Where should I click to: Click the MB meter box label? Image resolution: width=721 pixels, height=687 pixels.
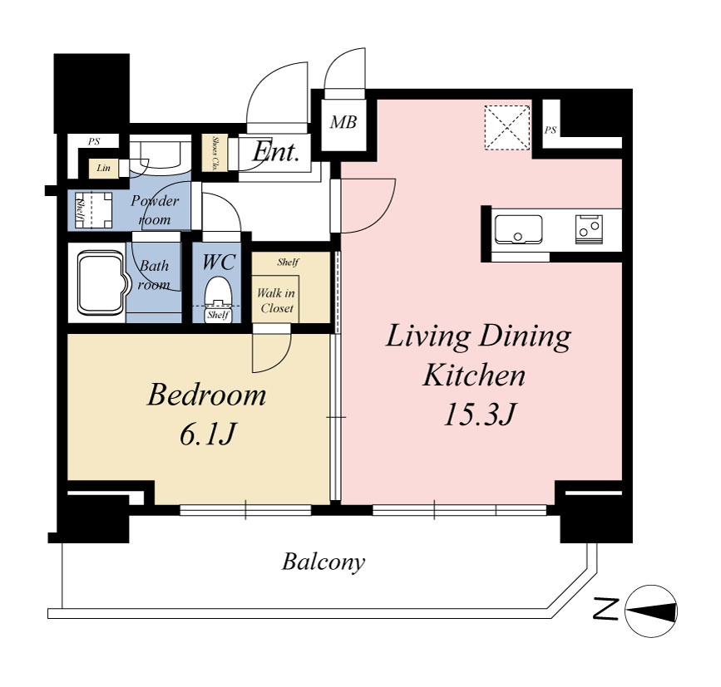(343, 122)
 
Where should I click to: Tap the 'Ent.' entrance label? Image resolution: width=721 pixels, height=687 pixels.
(276, 151)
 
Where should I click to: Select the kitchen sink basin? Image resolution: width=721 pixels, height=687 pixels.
(518, 229)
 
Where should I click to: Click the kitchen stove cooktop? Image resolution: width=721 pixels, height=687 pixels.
(589, 228)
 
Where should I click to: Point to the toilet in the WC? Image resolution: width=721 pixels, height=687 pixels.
(218, 298)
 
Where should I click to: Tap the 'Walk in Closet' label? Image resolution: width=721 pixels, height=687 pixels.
(276, 301)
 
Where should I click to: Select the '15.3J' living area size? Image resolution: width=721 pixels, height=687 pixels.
(479, 415)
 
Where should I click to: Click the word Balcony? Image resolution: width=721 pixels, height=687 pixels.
(323, 562)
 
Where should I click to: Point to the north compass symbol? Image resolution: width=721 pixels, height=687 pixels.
(651, 611)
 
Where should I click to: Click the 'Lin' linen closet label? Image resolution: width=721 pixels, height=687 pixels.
(103, 168)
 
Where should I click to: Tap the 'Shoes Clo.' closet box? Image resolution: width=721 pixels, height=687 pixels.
(215, 153)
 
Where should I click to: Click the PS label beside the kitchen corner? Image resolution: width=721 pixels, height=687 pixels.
(550, 130)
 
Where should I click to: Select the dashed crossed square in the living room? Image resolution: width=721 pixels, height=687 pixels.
(507, 127)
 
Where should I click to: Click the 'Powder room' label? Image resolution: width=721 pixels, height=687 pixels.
(155, 210)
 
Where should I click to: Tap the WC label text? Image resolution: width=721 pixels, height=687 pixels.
(219, 263)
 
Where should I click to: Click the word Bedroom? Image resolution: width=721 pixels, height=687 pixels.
(206, 395)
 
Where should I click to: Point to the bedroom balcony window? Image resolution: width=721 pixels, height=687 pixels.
(245, 510)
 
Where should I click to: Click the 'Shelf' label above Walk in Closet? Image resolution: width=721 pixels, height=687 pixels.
(288, 263)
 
